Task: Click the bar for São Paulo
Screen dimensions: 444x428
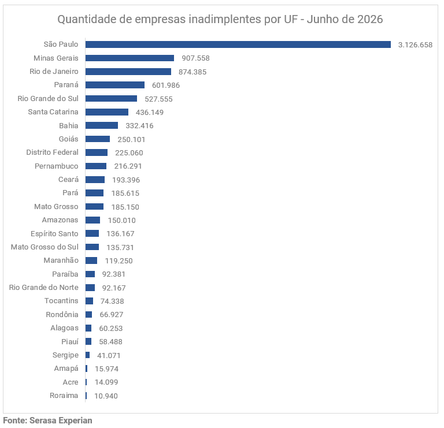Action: (x=238, y=44)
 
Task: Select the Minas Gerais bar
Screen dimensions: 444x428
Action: (x=129, y=58)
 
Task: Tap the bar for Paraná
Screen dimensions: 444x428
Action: (x=115, y=85)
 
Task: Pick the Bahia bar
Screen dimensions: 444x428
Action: (x=102, y=125)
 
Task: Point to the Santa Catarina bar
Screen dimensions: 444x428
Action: (x=107, y=112)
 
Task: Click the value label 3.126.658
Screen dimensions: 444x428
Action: (x=415, y=44)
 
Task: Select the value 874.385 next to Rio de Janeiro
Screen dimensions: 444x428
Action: (x=193, y=72)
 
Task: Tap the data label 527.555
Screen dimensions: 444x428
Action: (x=158, y=99)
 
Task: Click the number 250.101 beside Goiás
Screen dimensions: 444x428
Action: (x=131, y=139)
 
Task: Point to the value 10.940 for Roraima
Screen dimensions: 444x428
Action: (x=106, y=396)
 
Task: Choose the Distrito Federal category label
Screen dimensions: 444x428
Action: (x=52, y=152)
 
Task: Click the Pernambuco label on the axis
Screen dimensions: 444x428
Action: (x=56, y=166)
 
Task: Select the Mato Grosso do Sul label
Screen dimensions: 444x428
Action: (x=45, y=247)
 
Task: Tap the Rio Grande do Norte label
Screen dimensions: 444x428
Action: (x=43, y=288)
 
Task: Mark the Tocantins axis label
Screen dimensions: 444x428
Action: (x=61, y=301)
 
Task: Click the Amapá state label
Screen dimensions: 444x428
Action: (x=66, y=369)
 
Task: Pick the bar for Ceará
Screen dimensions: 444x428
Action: (x=95, y=180)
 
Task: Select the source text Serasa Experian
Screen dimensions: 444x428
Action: (x=61, y=420)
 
